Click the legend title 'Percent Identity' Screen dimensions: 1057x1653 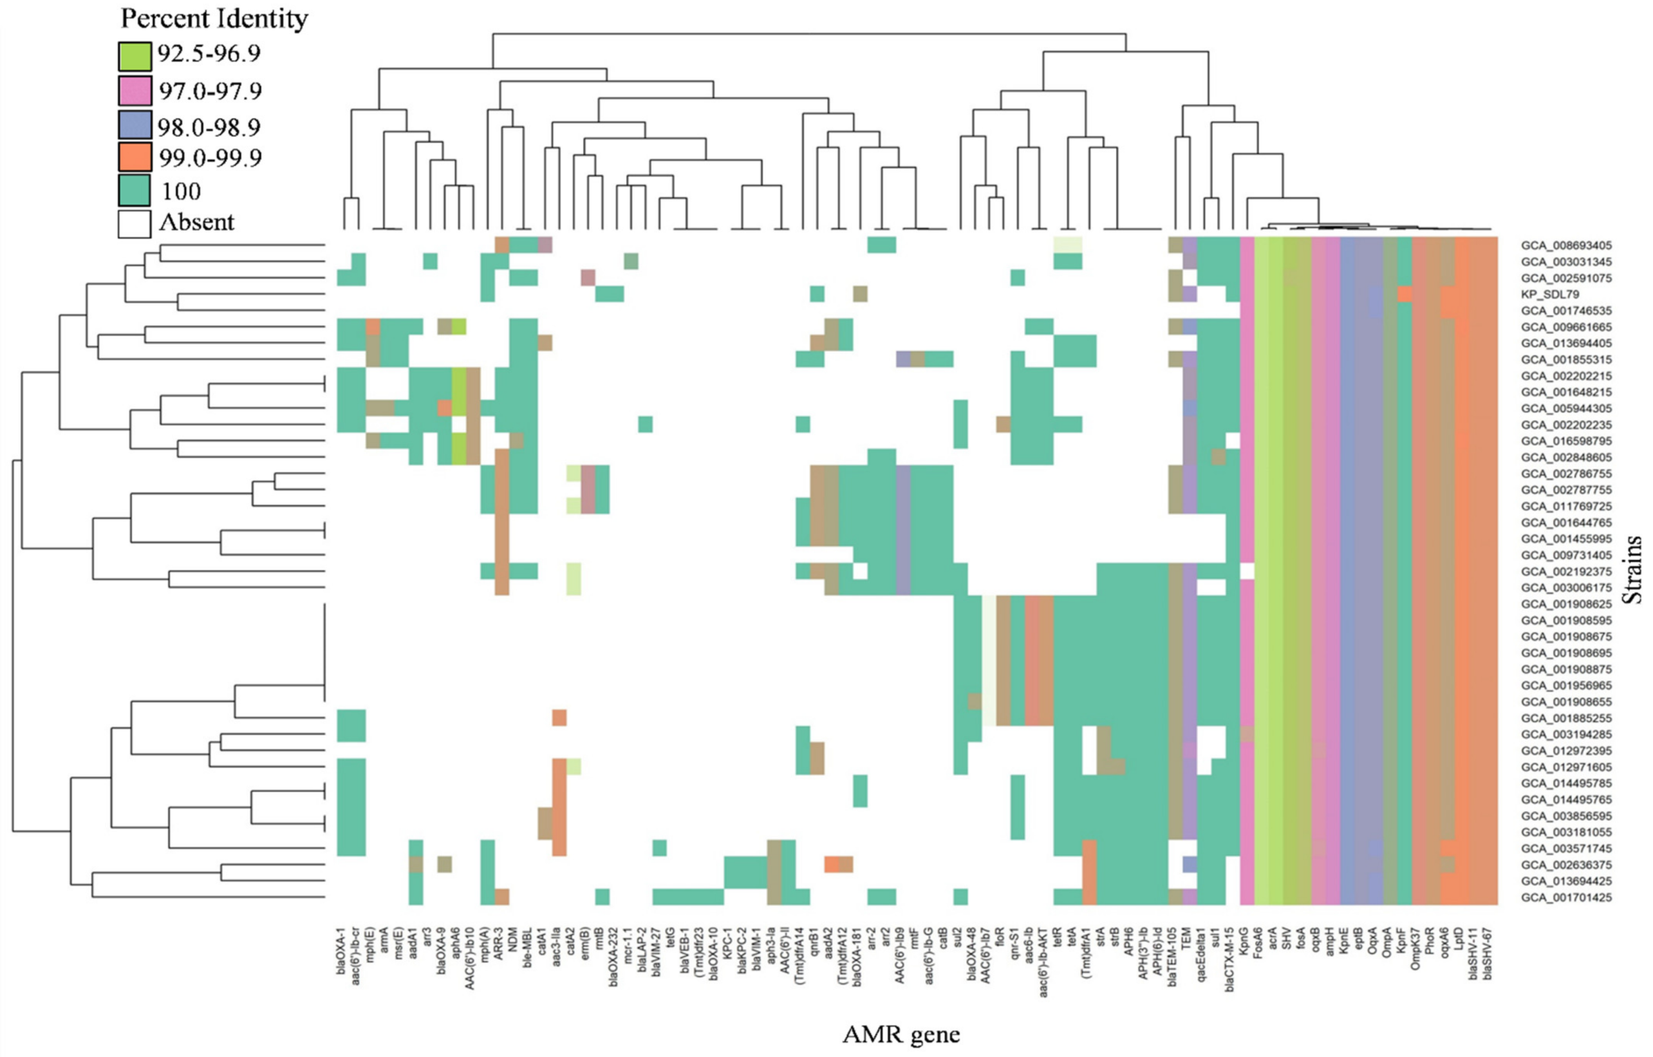click(x=214, y=19)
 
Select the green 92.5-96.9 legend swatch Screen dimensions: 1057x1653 click(x=135, y=55)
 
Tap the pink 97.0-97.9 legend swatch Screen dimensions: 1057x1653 click(x=135, y=91)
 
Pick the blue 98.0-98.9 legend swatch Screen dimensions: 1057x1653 click(x=135, y=126)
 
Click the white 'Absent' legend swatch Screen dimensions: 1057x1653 click(x=135, y=224)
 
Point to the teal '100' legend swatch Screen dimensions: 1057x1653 click(x=135, y=190)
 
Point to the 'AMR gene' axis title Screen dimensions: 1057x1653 click(x=901, y=1034)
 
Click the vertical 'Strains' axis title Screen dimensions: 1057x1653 click(x=1633, y=569)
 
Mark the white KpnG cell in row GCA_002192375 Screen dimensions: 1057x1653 click(x=1247, y=571)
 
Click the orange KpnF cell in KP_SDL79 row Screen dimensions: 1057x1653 click(x=1405, y=294)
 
